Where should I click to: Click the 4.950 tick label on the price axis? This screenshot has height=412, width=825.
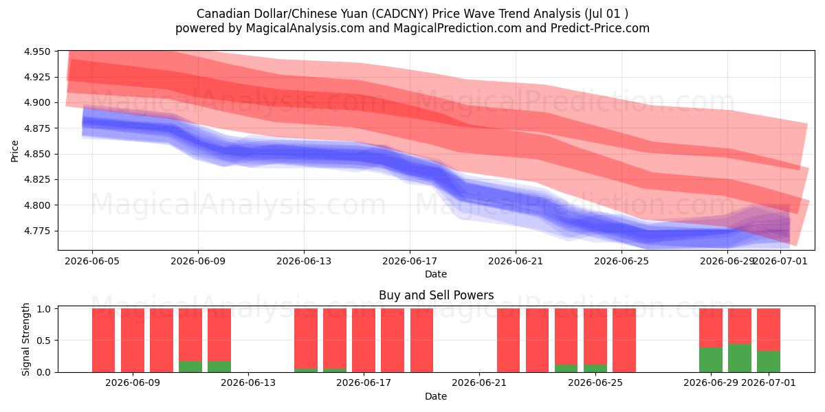(x=37, y=51)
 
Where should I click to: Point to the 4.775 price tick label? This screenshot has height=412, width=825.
(x=37, y=231)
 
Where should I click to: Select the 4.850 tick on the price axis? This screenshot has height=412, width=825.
(x=37, y=154)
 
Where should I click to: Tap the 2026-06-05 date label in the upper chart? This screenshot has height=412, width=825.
(x=92, y=261)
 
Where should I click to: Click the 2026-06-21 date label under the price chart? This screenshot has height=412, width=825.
(x=516, y=261)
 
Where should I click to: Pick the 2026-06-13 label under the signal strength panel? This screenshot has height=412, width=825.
(x=248, y=383)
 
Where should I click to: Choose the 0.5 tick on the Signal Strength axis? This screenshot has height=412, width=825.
(x=43, y=341)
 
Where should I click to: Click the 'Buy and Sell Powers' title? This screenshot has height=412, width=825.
(x=437, y=295)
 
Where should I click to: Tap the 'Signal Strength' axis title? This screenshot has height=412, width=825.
(x=25, y=339)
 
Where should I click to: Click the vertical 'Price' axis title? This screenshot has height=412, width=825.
(x=14, y=151)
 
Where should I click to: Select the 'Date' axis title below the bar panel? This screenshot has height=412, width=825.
(x=436, y=396)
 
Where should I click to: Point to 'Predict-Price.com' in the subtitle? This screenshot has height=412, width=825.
(x=600, y=28)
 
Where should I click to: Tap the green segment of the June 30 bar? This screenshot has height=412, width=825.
(x=740, y=358)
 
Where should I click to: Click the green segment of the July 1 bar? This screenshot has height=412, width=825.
(x=769, y=362)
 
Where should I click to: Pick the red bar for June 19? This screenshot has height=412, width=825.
(x=421, y=341)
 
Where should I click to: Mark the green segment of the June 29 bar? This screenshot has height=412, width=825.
(x=711, y=360)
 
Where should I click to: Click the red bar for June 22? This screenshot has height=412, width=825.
(x=508, y=341)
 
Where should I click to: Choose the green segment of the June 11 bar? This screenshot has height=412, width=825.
(x=190, y=367)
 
